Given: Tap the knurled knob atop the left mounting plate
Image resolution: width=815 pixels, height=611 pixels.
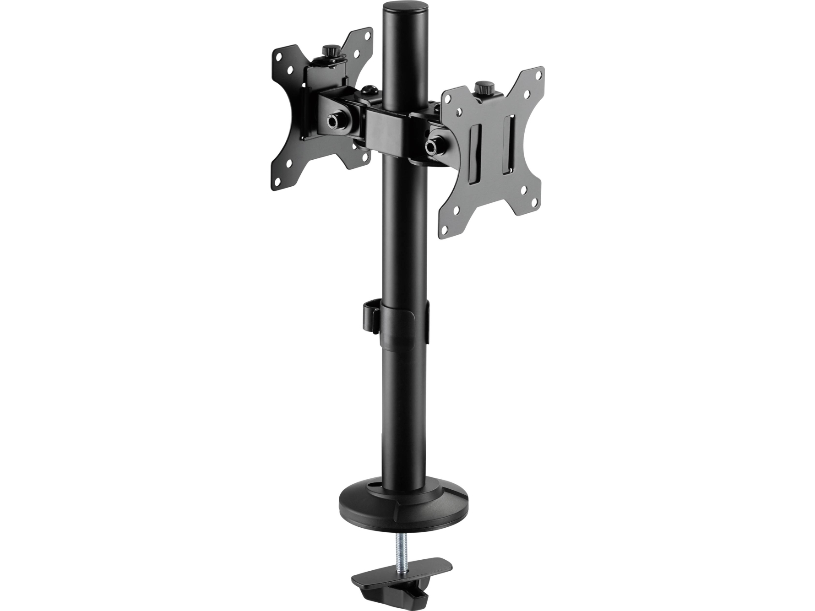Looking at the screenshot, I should pyautogui.click(x=329, y=50).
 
